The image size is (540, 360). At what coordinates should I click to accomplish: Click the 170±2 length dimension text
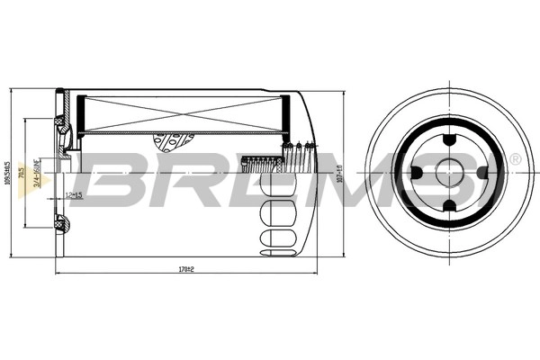[186, 268]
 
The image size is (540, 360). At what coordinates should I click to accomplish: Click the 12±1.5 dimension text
[74, 195]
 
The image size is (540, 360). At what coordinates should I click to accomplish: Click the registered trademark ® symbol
[515, 159]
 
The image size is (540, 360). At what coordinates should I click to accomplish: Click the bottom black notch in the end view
[447, 209]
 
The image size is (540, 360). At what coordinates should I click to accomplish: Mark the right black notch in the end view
[482, 174]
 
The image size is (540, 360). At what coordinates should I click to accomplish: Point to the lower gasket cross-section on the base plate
[60, 223]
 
